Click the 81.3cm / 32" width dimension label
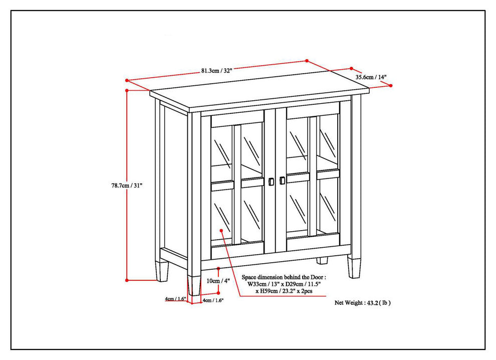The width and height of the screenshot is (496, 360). (x=216, y=71)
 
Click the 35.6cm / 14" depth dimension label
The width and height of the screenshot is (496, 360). (x=371, y=77)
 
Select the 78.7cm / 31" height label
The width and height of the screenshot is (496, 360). (x=127, y=186)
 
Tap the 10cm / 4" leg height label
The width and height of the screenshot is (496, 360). (x=218, y=280)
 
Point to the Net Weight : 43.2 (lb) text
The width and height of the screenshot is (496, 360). (x=363, y=303)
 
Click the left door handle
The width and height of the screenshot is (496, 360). (x=271, y=182)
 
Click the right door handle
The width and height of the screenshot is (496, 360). (x=282, y=180)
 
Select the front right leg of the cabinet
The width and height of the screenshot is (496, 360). (x=354, y=267)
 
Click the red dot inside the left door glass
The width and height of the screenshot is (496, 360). (x=221, y=231)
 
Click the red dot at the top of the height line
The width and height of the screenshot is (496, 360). (x=127, y=91)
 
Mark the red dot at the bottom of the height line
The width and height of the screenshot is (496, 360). (x=127, y=280)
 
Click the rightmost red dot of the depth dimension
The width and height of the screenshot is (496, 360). (x=391, y=86)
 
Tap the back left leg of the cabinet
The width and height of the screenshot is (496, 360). (x=162, y=271)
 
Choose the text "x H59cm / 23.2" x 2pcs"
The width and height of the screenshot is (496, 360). (x=284, y=291)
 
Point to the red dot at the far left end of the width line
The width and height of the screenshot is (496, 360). (x=127, y=80)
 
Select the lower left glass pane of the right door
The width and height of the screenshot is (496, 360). (x=297, y=208)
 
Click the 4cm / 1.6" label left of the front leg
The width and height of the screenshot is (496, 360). (x=175, y=298)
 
